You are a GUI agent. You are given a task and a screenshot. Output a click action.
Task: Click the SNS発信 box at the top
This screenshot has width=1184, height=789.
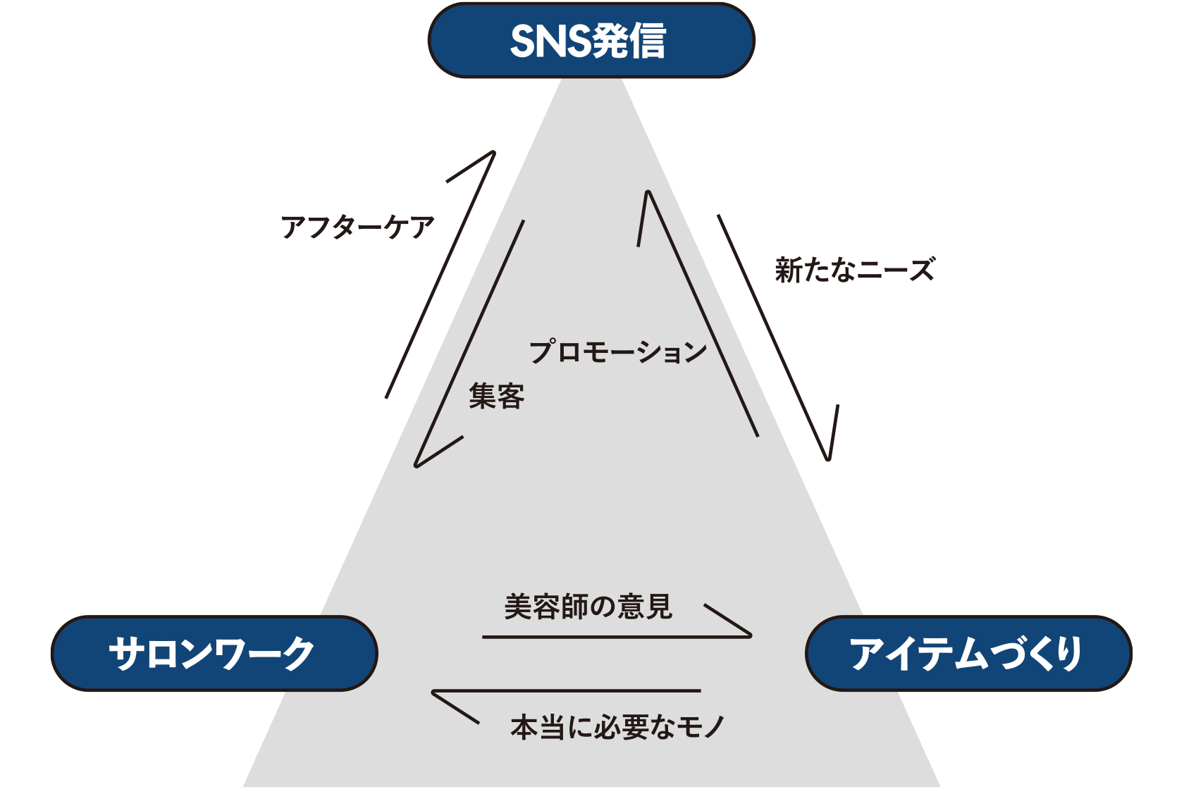tap(591, 40)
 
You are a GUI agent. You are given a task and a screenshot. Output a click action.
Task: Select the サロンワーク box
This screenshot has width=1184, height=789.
tap(214, 653)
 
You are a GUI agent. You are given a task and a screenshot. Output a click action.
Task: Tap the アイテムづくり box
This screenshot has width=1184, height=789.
tap(968, 653)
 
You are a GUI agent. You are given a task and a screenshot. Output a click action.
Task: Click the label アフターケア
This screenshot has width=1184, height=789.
tap(357, 227)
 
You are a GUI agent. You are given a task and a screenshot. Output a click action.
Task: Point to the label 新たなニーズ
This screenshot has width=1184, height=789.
tap(854, 270)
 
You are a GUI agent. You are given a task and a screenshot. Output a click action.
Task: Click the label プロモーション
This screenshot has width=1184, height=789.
tap(617, 351)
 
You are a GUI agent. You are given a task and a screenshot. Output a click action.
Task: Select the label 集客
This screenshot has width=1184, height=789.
tap(496, 396)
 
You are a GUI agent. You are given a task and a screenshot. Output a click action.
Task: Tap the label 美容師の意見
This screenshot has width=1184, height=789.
tap(588, 607)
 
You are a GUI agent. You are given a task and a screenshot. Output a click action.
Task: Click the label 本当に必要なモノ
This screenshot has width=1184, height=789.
tap(617, 727)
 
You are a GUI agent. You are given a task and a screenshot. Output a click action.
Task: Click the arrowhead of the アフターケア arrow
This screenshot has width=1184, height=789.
tap(491, 154)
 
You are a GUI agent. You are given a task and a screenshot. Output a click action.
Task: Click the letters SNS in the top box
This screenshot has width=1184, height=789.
tap(550, 41)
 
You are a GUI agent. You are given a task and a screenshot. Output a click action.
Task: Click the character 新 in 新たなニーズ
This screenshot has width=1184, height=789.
tap(789, 270)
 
